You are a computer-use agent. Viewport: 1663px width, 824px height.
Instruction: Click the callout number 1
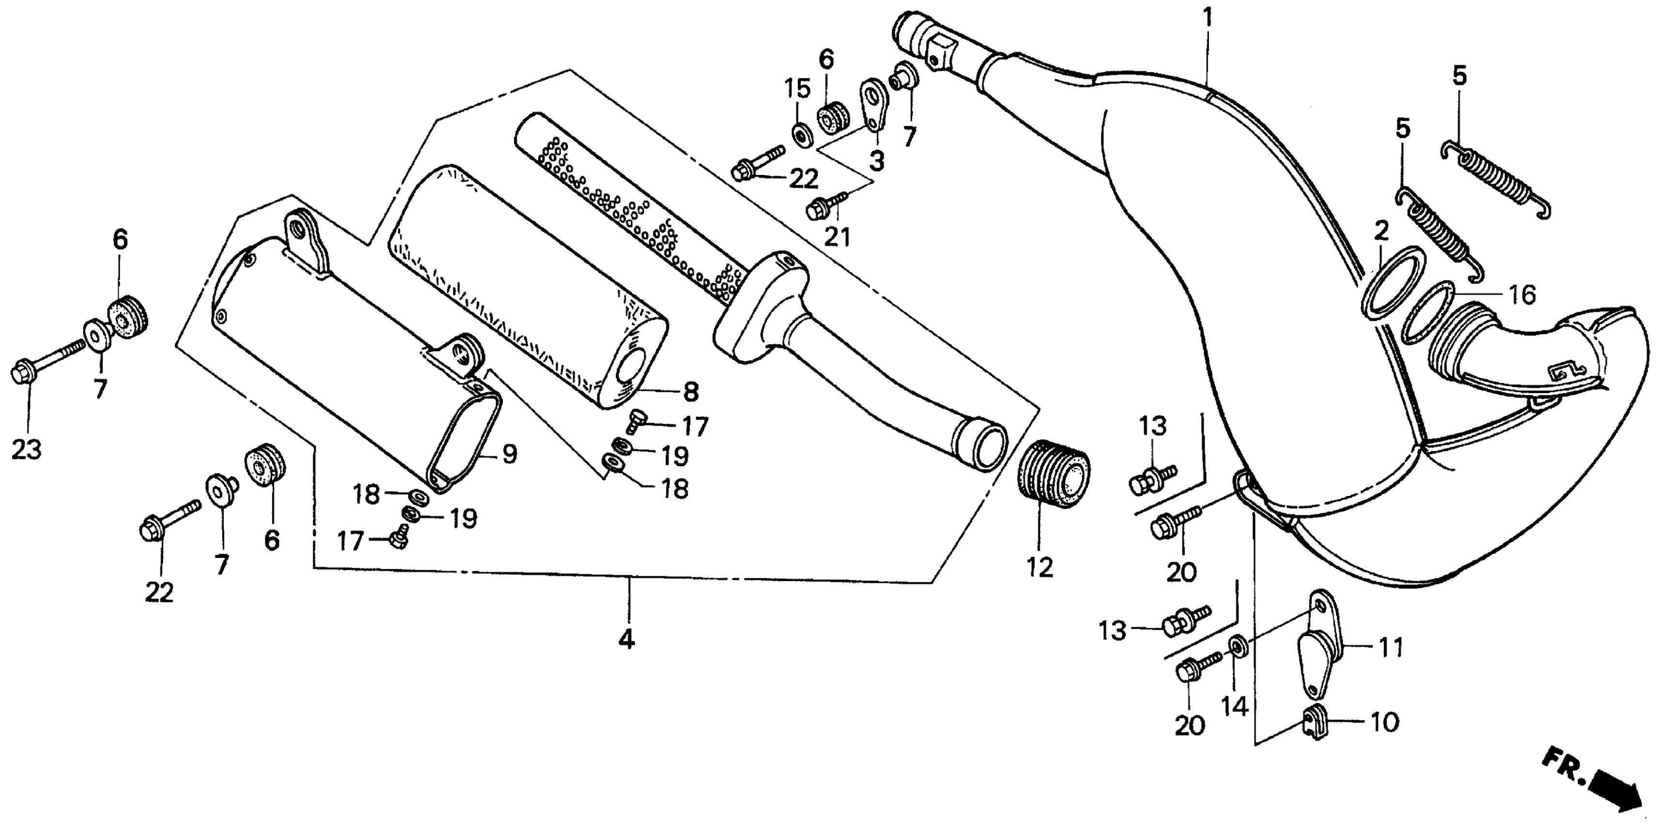point(1207,17)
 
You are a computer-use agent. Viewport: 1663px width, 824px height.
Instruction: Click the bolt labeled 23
point(45,364)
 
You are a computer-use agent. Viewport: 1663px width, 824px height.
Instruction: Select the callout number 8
point(691,391)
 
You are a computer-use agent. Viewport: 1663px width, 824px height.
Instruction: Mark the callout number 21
point(837,237)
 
